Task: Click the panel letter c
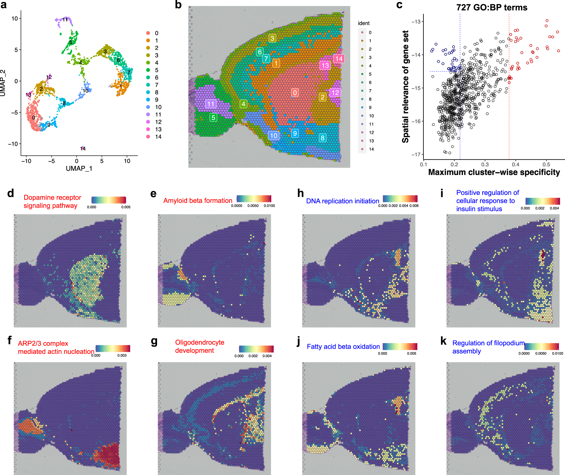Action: (399, 5)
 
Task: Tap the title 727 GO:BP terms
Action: (492, 7)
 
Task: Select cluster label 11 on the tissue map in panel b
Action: (211, 104)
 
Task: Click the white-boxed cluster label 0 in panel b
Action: (295, 93)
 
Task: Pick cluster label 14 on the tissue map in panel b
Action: (339, 59)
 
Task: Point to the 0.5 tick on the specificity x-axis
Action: (546, 164)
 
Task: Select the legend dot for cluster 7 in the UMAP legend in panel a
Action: (148, 85)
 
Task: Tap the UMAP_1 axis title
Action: (79, 169)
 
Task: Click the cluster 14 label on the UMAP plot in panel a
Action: (83, 149)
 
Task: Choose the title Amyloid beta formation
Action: (198, 201)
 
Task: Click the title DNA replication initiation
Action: (342, 201)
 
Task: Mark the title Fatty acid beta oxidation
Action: (343, 347)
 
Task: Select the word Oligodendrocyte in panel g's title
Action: (200, 342)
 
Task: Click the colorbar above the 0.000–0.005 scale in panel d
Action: (109, 200)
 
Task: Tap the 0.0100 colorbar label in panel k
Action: (557, 353)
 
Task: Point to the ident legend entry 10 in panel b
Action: (371, 116)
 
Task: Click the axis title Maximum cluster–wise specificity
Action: (494, 172)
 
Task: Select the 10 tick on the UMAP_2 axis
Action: (14, 19)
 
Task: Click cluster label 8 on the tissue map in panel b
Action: (322, 138)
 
